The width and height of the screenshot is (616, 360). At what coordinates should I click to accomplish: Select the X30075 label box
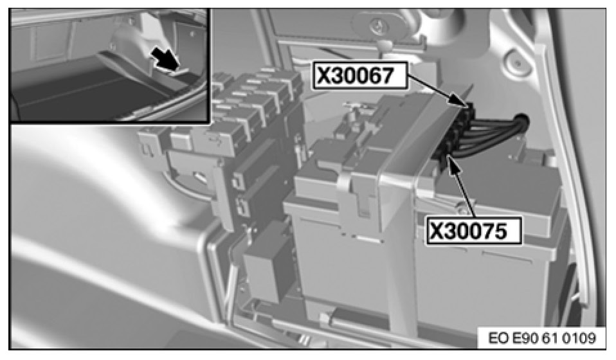(x=473, y=231)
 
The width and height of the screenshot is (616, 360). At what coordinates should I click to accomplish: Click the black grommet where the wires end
(x=521, y=122)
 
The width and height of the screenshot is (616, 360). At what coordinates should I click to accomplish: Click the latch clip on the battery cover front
(x=358, y=192)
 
